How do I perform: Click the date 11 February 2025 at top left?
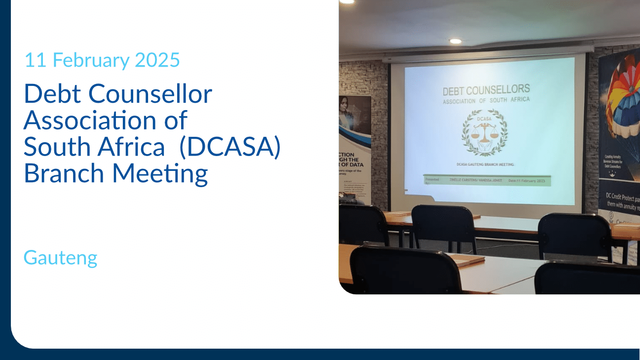102,60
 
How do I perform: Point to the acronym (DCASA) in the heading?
230,147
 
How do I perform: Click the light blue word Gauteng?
60,258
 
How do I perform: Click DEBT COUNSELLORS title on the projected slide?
486,90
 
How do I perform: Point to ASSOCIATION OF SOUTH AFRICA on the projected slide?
486,100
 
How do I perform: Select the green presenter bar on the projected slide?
487,181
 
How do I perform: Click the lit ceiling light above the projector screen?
455,41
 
